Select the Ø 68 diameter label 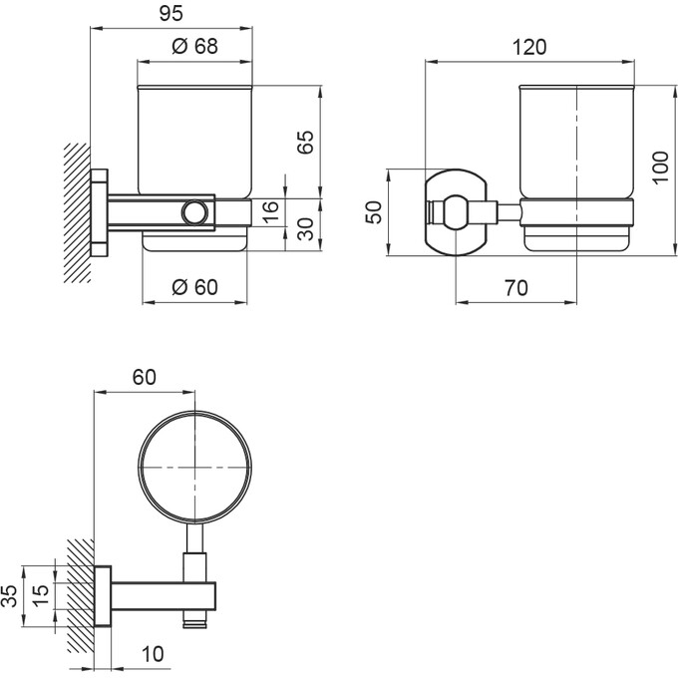tap(193, 47)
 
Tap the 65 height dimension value tap(306, 141)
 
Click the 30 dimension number tap(306, 230)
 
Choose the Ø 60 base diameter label tap(193, 287)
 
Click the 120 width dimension tap(528, 47)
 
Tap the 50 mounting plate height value tap(375, 212)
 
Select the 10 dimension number tap(153, 655)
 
